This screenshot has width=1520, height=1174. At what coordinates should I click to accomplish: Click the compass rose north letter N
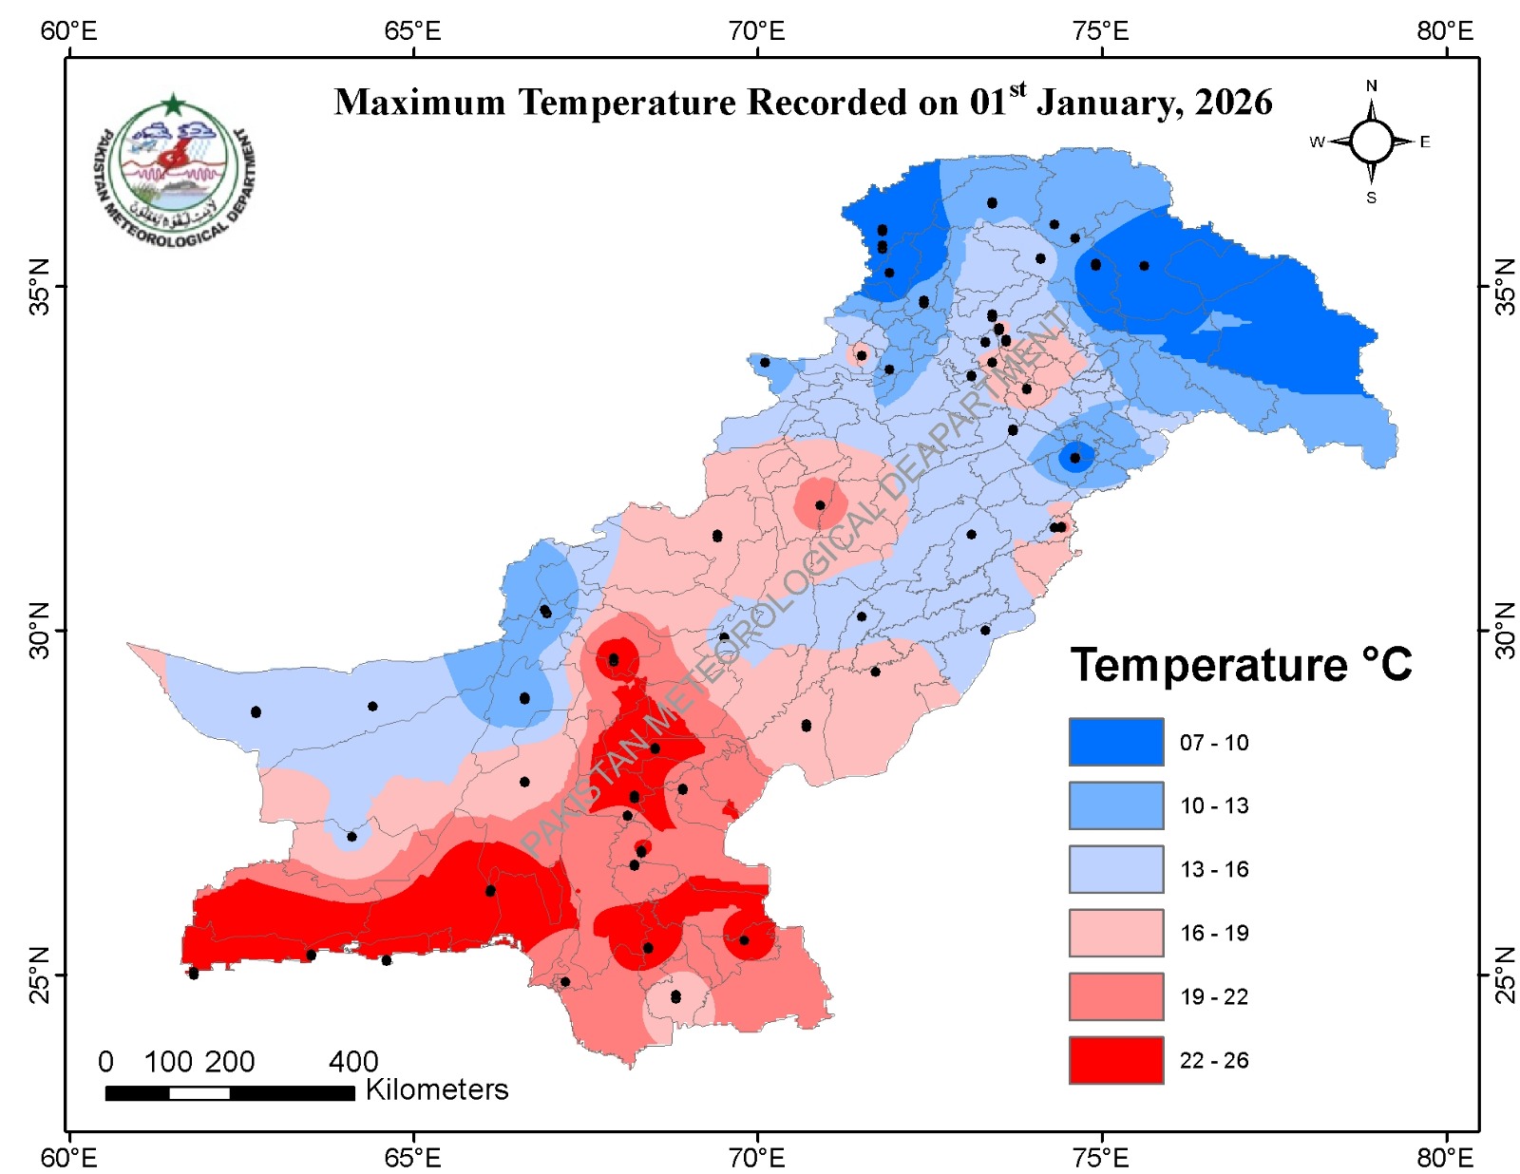[x=1371, y=86]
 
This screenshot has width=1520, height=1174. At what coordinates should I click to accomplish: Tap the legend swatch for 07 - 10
[x=1115, y=742]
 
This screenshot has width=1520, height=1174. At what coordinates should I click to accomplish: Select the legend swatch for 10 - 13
[x=1115, y=805]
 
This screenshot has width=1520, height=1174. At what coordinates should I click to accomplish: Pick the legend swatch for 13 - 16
[x=1115, y=869]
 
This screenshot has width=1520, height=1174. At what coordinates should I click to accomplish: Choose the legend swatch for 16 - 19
[x=1115, y=933]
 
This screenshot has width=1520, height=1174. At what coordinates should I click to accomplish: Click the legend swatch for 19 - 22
[x=1115, y=996]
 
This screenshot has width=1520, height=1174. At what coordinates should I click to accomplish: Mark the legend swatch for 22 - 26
[x=1115, y=1060]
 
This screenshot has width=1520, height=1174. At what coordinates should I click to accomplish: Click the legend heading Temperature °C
[x=1241, y=665]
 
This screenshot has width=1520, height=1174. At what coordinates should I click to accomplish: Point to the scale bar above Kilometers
[x=229, y=1093]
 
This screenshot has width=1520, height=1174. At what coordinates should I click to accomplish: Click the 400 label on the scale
[x=353, y=1061]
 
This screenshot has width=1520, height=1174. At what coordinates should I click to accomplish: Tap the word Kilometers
[x=437, y=1089]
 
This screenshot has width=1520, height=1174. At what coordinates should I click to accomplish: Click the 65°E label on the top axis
[x=413, y=31]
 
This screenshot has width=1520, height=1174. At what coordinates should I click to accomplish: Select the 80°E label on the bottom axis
[x=1445, y=1158]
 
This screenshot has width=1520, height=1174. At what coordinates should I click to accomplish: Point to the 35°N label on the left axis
[x=39, y=286]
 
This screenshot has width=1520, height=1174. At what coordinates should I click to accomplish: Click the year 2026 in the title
[x=1233, y=103]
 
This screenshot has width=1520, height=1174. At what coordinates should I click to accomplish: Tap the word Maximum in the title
[x=420, y=103]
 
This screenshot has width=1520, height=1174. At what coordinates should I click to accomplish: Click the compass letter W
[x=1317, y=142]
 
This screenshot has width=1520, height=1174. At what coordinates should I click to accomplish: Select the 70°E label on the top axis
[x=757, y=31]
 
